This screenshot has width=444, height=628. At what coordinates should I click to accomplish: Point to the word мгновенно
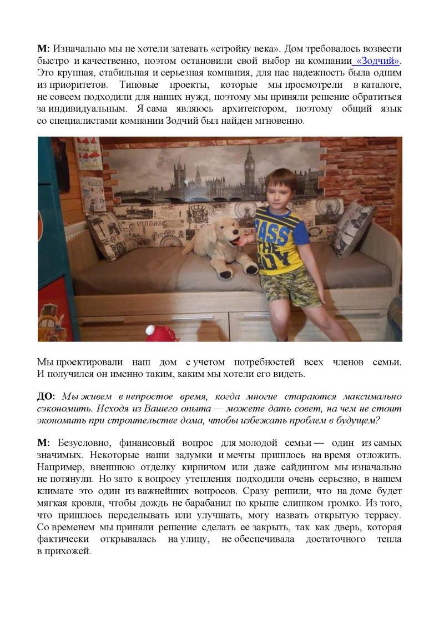click(x=279, y=122)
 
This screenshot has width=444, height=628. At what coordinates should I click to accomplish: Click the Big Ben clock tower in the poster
click(x=249, y=167)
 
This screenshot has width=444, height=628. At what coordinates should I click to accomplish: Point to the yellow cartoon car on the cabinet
click(x=56, y=323)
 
